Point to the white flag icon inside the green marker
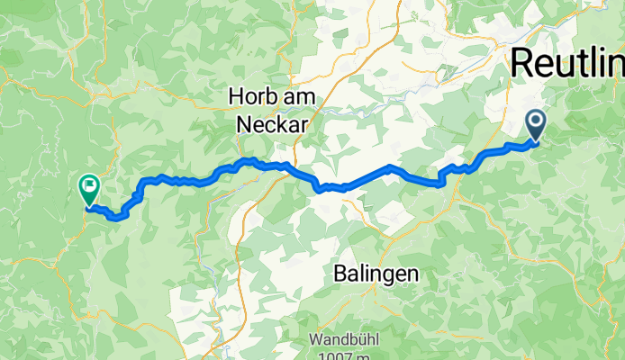tap(89, 187)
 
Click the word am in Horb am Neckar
tap(294, 97)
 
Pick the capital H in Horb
tap(236, 97)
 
